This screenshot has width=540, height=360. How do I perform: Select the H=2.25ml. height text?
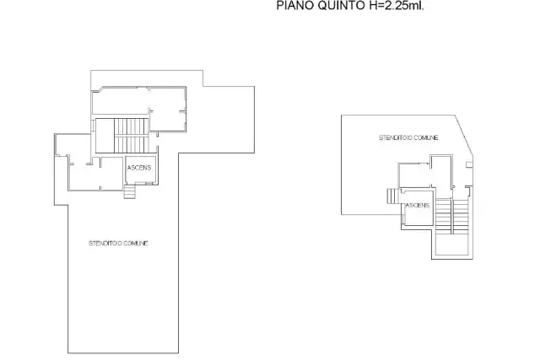pos(396,6)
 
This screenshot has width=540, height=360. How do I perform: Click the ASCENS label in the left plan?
pos(139,168)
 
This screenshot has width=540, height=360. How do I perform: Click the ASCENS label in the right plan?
pos(418,205)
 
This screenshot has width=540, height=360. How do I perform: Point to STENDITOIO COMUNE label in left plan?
pos(118,244)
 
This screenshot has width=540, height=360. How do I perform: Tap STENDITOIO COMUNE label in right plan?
pos(408,137)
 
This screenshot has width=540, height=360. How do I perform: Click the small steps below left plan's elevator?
pos(130,191)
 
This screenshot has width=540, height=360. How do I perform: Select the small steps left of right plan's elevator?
pos(392,196)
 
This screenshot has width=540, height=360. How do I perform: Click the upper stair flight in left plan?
pos(132,126)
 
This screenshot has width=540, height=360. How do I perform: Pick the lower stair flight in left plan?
pos(132,144)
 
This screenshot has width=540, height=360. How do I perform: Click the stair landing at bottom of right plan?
pos(452,244)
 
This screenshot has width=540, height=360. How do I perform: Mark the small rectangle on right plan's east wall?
pos(469,165)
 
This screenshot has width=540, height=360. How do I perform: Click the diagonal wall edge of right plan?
pos(464,136)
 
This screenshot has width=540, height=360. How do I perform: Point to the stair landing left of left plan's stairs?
pos(105,136)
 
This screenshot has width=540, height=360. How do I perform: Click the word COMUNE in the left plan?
pos(136,244)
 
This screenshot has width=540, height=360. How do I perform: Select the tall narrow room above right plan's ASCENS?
pos(441,172)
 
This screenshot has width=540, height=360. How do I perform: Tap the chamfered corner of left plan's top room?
pos(97,89)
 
